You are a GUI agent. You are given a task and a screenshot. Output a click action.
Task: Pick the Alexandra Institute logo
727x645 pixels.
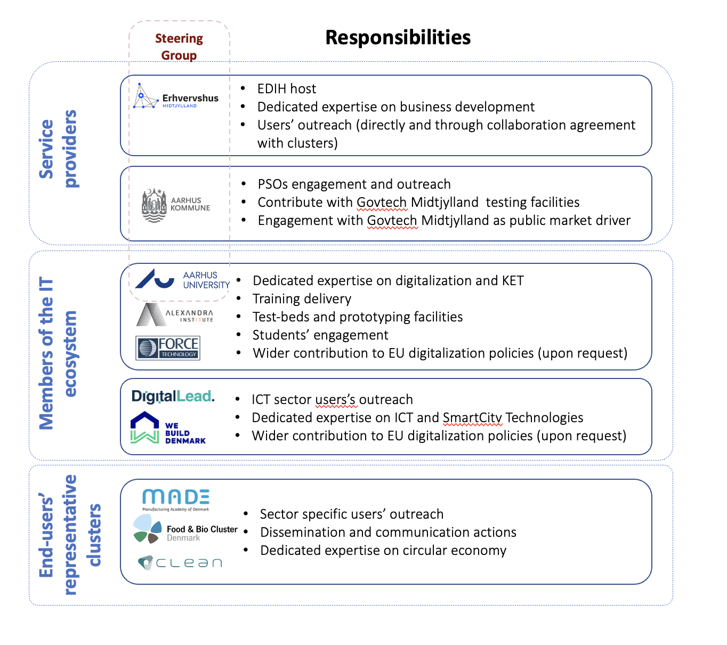[x=175, y=315]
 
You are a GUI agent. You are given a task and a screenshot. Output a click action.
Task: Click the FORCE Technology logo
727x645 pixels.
[x=168, y=348]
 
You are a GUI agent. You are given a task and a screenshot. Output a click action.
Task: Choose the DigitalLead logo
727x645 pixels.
[x=173, y=397]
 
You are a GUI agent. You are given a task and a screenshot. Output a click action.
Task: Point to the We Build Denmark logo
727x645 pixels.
[x=168, y=428]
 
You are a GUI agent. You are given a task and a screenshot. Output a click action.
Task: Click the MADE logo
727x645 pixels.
[x=176, y=499]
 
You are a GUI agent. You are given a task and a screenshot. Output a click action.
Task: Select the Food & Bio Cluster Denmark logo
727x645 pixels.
[x=185, y=529]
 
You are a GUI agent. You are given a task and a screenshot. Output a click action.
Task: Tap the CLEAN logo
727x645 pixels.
[x=180, y=563]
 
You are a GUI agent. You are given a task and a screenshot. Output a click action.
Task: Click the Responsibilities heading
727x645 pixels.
[x=398, y=38]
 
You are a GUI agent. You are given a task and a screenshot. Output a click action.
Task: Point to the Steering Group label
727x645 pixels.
[x=179, y=47]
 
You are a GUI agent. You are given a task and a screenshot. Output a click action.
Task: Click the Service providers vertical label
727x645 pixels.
[x=58, y=149]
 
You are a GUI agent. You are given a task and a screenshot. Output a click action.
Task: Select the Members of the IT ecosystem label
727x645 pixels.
[x=58, y=353]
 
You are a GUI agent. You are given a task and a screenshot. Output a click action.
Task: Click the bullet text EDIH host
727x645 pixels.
[x=287, y=88]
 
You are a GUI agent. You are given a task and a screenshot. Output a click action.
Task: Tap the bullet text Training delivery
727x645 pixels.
[x=302, y=299]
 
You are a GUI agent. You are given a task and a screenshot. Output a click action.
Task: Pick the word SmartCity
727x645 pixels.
[x=473, y=417]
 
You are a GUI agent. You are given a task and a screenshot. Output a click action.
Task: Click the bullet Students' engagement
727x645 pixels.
[x=320, y=335]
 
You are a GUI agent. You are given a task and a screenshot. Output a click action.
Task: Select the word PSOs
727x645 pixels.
[x=273, y=184]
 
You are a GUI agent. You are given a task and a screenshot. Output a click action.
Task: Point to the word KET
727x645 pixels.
[x=513, y=280]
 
